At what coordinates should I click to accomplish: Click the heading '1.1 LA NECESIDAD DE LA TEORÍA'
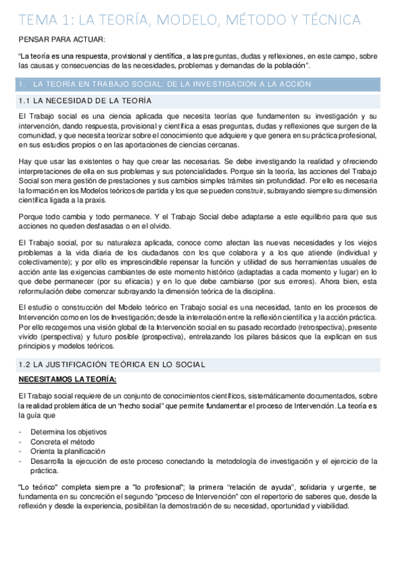point(85,101)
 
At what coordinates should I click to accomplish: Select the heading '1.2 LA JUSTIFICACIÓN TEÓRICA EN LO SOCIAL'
point(113,364)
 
